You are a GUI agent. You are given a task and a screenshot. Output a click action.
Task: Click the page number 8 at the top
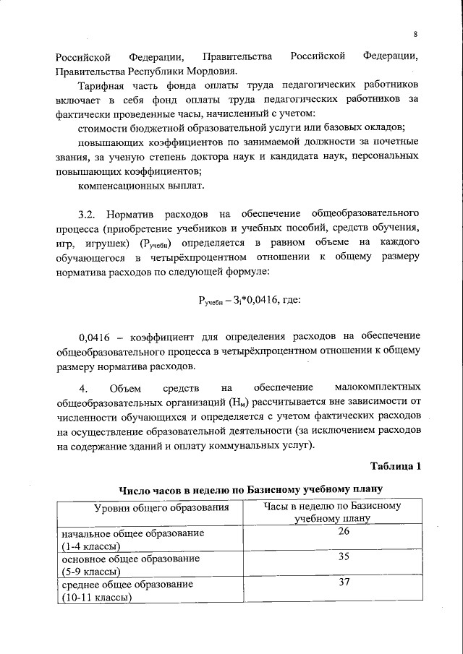(x=416, y=35)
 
